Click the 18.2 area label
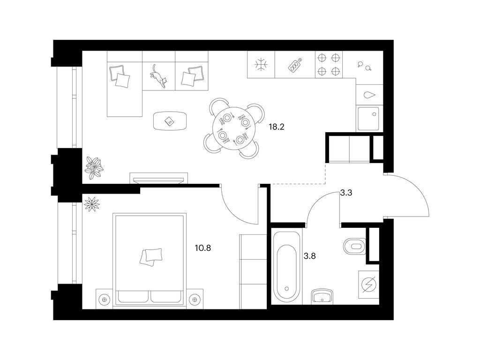click(277, 127)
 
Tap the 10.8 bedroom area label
click(203, 248)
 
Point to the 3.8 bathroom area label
click(309, 256)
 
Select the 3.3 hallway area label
click(346, 193)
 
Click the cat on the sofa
click(158, 76)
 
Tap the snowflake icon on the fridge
click(261, 65)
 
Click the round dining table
click(233, 128)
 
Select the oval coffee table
click(170, 121)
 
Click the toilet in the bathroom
click(354, 246)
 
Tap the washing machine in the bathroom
click(368, 285)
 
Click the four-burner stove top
click(329, 64)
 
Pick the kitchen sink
click(368, 119)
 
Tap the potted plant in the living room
click(94, 168)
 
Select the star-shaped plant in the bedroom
click(92, 204)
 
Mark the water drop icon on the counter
click(368, 95)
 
